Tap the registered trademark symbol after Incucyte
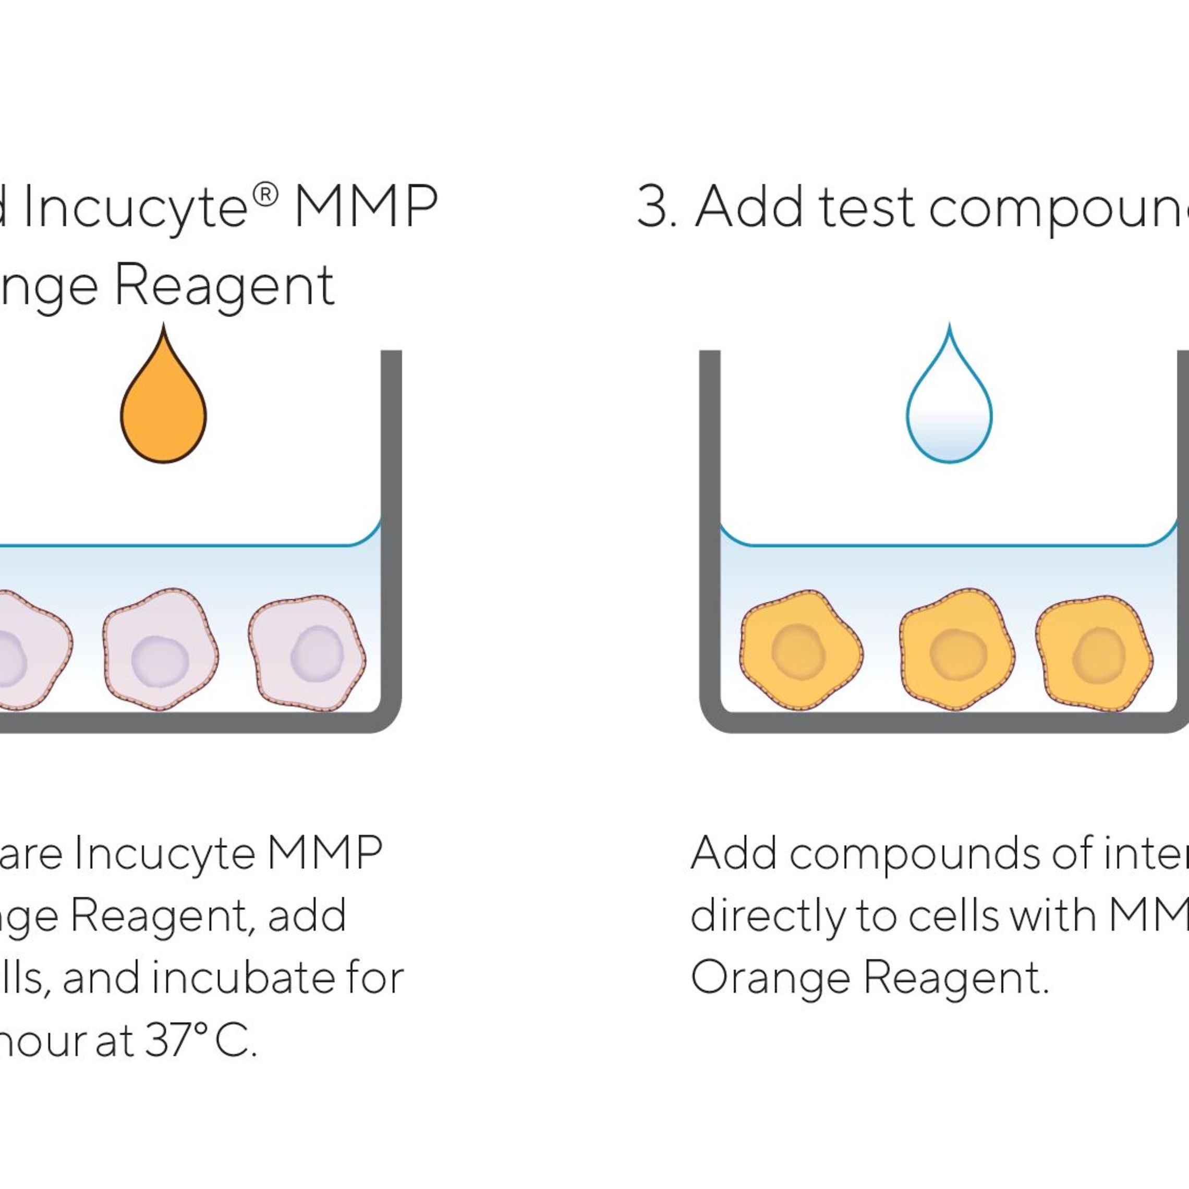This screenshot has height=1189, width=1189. point(265,195)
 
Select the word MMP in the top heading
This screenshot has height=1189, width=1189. point(366,208)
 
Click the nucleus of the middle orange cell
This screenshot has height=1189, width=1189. point(957,654)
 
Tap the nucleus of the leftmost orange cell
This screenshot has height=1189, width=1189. point(798,651)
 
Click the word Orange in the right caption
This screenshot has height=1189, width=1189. point(770,978)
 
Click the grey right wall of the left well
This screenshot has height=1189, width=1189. point(392,523)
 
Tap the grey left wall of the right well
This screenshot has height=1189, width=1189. point(710,523)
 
